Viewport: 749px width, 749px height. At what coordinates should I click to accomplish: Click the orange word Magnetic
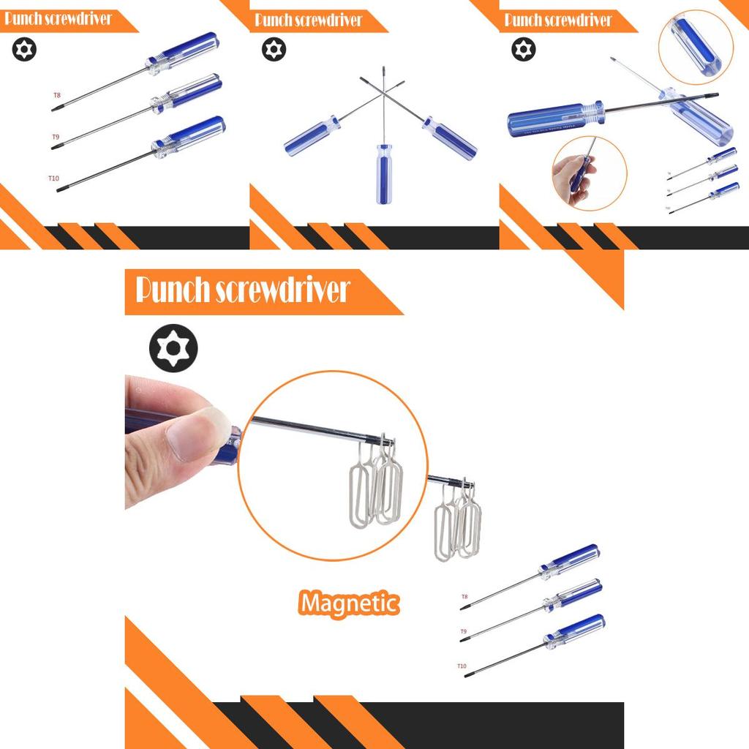click(x=350, y=603)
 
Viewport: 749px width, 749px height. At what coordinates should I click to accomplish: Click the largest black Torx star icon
click(x=173, y=349)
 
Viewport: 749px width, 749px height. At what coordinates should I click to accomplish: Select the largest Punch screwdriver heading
click(x=244, y=290)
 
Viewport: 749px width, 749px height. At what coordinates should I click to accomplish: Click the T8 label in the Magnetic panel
click(x=464, y=597)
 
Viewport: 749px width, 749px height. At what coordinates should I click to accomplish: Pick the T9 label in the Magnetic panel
click(x=463, y=631)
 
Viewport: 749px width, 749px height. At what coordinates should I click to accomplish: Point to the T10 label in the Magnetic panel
click(x=462, y=666)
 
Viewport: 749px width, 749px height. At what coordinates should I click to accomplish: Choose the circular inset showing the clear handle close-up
click(x=695, y=45)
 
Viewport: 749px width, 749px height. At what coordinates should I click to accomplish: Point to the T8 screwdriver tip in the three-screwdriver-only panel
click(x=55, y=109)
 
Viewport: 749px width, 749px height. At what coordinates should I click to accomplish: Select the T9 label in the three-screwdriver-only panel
click(x=56, y=137)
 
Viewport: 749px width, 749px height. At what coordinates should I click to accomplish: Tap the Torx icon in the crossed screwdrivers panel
click(x=274, y=50)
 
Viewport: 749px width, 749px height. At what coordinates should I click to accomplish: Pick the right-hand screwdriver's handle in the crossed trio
click(x=450, y=137)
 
